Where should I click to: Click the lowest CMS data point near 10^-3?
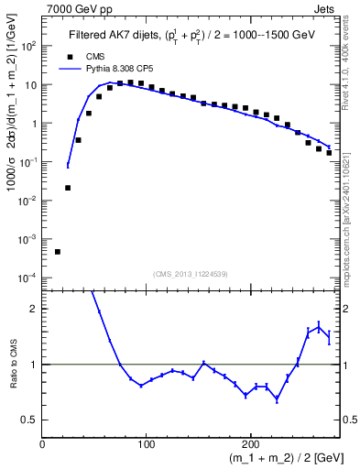tap(57, 252)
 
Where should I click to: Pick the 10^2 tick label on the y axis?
tap(27, 45)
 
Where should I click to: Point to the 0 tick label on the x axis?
tap(42, 443)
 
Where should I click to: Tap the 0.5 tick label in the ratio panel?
tap(29, 420)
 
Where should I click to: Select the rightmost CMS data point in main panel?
tap(329, 153)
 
